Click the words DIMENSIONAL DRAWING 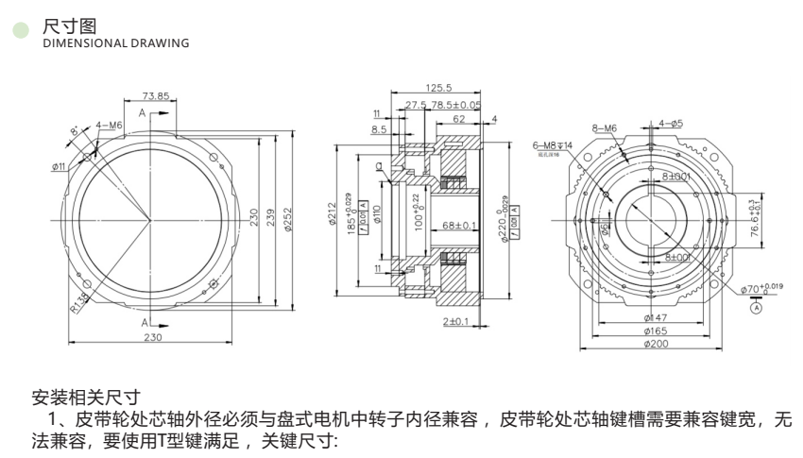116,42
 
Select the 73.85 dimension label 156,96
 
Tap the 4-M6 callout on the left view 110,125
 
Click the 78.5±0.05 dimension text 456,105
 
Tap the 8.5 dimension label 379,128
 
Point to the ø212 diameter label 333,216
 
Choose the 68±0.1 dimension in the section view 459,226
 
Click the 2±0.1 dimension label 456,322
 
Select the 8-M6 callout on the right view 604,127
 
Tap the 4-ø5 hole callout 674,123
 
